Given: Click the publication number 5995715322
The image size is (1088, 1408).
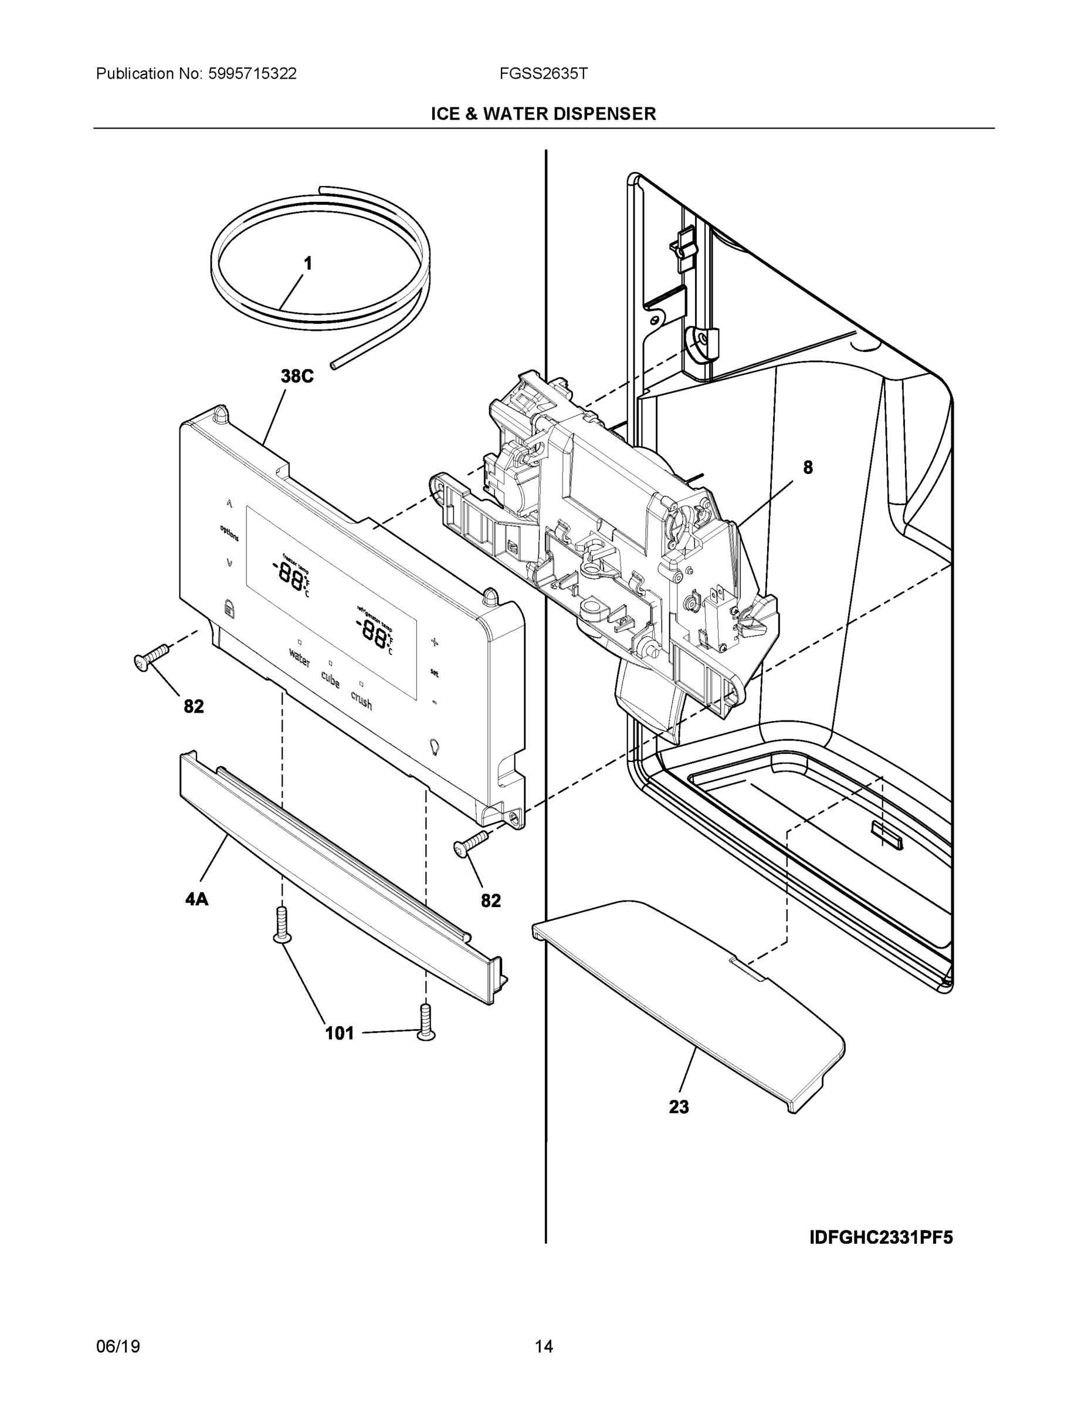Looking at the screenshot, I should tap(252, 73).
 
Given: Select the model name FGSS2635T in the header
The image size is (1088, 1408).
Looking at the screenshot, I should tap(543, 73).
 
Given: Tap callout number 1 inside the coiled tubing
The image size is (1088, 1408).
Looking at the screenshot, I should tap(308, 263).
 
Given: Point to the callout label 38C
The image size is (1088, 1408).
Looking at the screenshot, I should tap(297, 376).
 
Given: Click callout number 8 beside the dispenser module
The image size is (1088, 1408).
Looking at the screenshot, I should tap(808, 468).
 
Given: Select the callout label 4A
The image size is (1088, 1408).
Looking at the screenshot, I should tap(196, 899).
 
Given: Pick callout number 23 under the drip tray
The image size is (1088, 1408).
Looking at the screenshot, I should tap(679, 1107).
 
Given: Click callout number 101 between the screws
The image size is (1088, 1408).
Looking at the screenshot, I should tap(339, 1034).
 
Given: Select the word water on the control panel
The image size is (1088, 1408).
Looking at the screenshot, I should tap(300, 658).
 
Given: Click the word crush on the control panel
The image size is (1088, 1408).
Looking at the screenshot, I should tap(361, 699).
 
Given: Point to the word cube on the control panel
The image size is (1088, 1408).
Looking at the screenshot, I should tap(330, 679).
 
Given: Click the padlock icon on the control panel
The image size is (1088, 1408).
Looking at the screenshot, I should tap(228, 607).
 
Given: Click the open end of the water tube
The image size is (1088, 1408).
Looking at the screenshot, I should tap(333, 365).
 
